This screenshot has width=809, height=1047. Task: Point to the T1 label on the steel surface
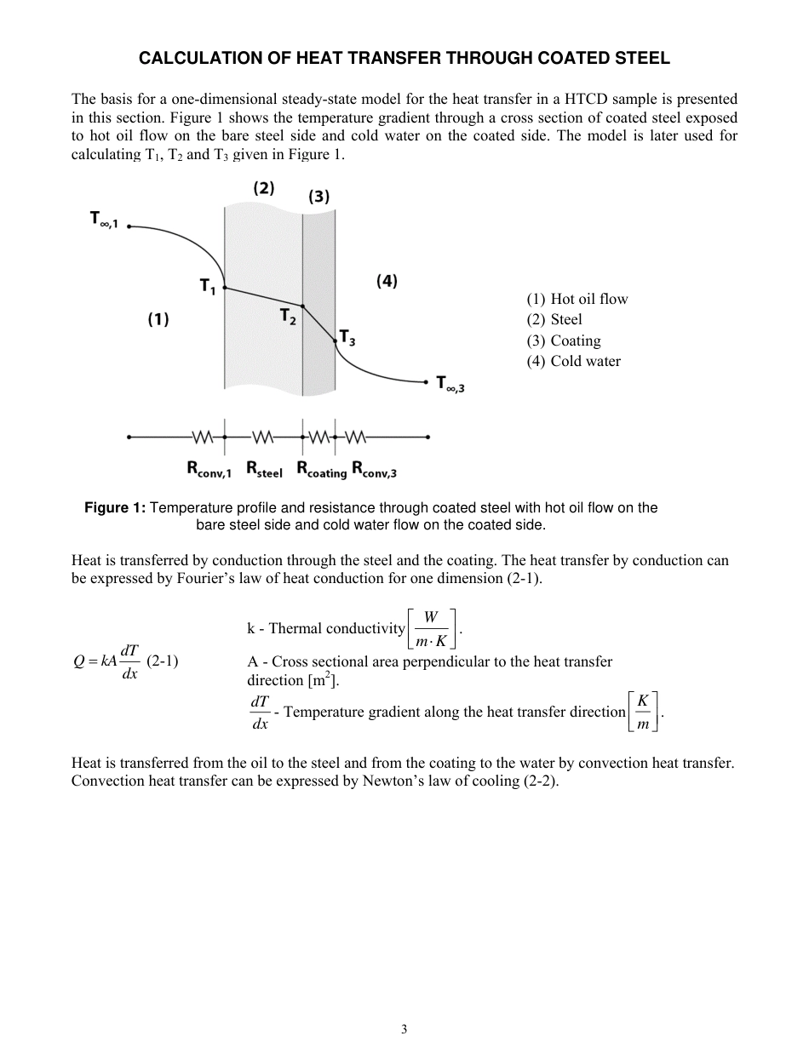(208, 288)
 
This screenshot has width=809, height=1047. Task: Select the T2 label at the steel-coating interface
(288, 316)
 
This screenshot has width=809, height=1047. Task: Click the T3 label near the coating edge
(347, 338)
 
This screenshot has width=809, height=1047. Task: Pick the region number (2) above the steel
(263, 188)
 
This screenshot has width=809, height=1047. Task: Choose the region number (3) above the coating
(318, 197)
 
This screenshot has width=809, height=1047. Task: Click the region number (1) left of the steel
(158, 319)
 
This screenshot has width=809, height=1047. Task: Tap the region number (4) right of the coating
(387, 281)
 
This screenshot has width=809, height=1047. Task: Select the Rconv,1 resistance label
(209, 468)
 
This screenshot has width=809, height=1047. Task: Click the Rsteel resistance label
(264, 468)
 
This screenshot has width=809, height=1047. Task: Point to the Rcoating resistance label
(321, 469)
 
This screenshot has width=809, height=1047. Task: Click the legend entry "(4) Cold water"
(573, 361)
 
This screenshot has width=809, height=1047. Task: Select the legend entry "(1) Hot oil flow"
(577, 299)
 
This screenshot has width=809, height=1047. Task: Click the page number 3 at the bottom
(404, 1028)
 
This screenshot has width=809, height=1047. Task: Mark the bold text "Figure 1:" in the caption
(115, 508)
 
